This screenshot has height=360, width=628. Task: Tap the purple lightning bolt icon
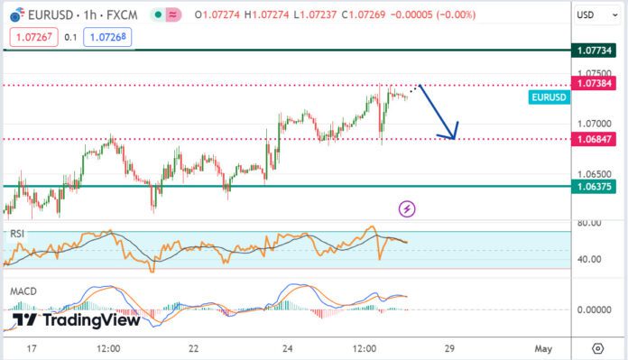pyautogui.click(x=408, y=208)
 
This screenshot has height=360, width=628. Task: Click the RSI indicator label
pyautogui.click(x=17, y=234)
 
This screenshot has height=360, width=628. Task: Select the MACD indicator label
pyautogui.click(x=23, y=292)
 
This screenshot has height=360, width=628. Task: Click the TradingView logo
pyautogui.click(x=77, y=319)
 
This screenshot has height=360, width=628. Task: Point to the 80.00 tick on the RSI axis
pyautogui.click(x=591, y=223)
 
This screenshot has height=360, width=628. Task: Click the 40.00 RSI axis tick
pyautogui.click(x=591, y=259)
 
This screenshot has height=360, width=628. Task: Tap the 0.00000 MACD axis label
pyautogui.click(x=596, y=309)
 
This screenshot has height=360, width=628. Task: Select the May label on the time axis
pyautogui.click(x=542, y=348)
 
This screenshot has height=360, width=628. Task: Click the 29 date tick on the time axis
pyautogui.click(x=448, y=348)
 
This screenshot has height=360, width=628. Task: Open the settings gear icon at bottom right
pyautogui.click(x=597, y=348)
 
